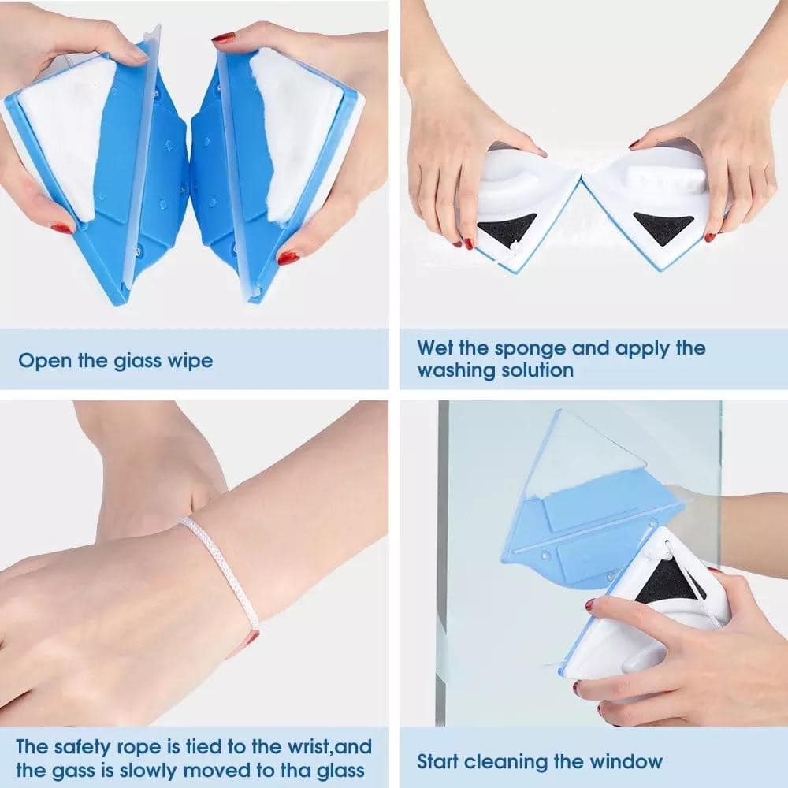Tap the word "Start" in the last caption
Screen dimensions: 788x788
(x=437, y=761)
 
